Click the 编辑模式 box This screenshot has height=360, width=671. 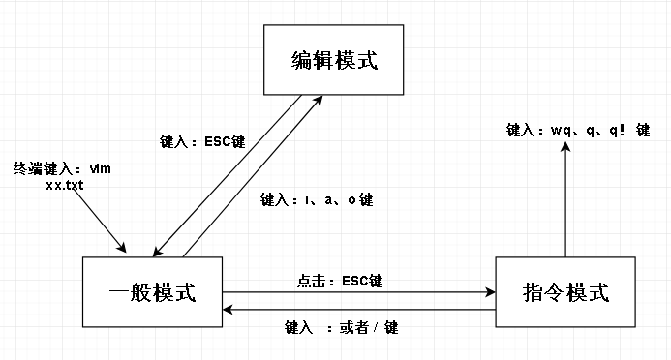(333, 61)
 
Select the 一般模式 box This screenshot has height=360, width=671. (153, 291)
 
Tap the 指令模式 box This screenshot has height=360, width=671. (565, 291)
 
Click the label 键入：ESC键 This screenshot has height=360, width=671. (201, 141)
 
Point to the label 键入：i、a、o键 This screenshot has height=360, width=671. (317, 200)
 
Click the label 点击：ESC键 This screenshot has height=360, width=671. (340, 282)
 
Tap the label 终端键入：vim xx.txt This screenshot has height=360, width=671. (62, 175)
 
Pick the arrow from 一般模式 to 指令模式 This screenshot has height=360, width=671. (358, 290)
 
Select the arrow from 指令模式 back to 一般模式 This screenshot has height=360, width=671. (358, 311)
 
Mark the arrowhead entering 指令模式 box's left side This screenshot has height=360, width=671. (489, 290)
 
